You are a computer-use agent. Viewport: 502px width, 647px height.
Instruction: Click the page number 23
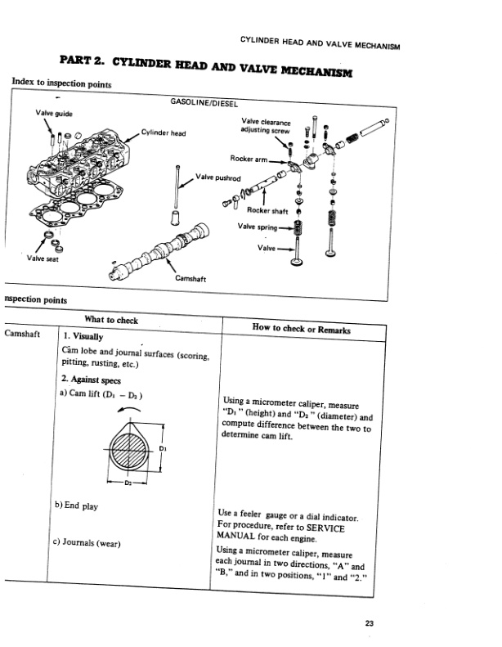coord(370,624)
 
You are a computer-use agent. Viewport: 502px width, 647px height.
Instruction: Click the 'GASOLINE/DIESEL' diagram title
coord(202,105)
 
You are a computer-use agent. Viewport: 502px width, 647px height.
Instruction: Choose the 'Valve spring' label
coord(256,227)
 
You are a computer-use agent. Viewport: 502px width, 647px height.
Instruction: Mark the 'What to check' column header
coord(111,320)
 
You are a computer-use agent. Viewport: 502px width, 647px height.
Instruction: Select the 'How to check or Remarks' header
coord(302,330)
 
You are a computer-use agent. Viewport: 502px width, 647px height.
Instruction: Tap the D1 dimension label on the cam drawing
coord(164,448)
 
